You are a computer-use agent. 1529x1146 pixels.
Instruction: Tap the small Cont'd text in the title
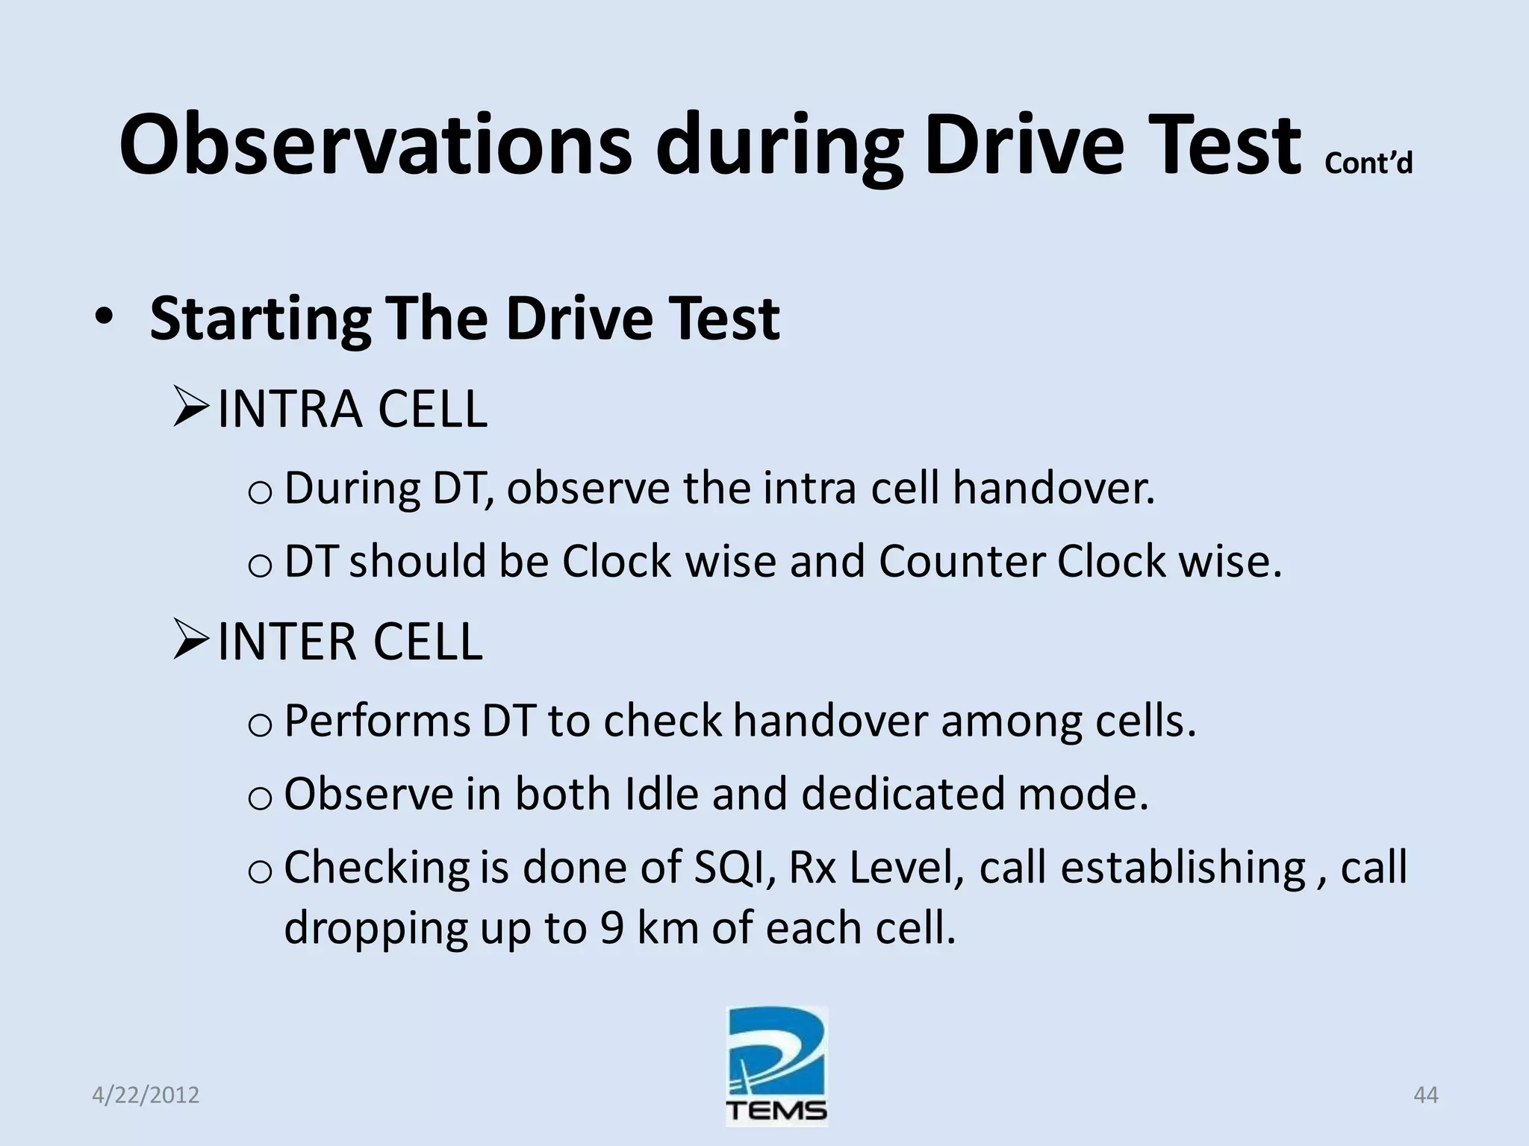[x=1368, y=163]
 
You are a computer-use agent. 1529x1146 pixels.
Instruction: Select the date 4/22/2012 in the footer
[x=146, y=1095]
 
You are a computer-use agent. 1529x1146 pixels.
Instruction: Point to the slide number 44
[x=1425, y=1095]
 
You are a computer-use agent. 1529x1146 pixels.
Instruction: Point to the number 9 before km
[x=611, y=928]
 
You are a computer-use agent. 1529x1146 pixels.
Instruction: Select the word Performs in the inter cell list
[x=376, y=721]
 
